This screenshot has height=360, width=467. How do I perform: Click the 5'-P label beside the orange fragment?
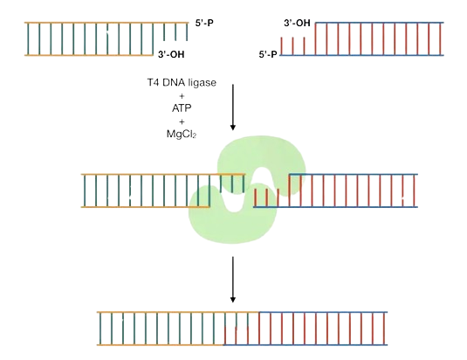[204, 23]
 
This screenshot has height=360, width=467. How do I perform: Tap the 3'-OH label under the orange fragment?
[171, 54]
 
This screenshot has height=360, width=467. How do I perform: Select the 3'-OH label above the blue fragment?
[297, 24]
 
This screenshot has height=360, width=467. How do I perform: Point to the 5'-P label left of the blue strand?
[268, 54]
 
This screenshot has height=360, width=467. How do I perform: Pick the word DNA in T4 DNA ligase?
[174, 82]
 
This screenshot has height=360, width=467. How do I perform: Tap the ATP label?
[182, 107]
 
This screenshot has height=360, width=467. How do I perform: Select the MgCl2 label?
[182, 134]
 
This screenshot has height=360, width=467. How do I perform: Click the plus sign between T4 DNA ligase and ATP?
[182, 96]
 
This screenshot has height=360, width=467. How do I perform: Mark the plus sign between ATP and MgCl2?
[182, 121]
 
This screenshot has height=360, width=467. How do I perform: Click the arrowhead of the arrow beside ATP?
[233, 128]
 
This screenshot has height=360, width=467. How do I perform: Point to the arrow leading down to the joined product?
[233, 280]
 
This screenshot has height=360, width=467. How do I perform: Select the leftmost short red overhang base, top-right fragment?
[281, 46]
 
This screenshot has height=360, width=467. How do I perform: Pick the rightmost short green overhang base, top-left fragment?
[187, 31]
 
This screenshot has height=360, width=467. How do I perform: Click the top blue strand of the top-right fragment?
[380, 23]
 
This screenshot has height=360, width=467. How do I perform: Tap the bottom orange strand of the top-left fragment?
[89, 55]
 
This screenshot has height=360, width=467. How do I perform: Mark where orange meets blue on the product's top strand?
[259, 312]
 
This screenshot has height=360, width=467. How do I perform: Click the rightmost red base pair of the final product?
[384, 329]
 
